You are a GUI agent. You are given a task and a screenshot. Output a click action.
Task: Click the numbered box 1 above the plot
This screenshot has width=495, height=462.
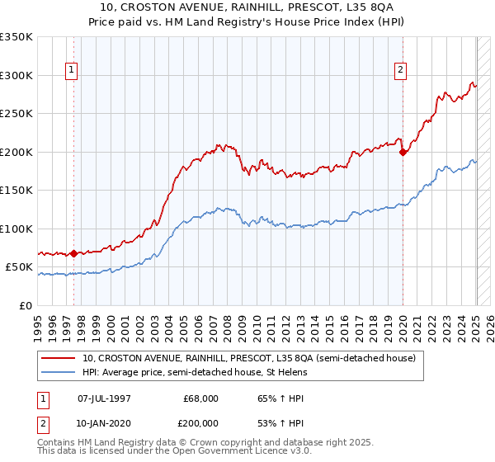pos(72,71)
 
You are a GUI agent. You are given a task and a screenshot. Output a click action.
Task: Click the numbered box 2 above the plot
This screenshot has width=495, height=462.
pos(400,71)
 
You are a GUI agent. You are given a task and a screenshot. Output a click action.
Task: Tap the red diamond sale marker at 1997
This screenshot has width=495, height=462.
pos(73,253)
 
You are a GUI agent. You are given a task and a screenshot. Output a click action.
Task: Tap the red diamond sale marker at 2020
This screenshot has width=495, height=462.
pos(403,152)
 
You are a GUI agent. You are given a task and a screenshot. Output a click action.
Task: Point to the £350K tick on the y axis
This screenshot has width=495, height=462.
pos(16,37)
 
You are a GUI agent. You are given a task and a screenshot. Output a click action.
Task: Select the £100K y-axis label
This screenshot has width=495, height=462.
pos(16,229)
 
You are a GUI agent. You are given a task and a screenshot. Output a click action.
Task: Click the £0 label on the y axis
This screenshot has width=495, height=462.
pos(26,305)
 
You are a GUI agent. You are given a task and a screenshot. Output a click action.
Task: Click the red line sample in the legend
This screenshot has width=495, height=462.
pos(59,358)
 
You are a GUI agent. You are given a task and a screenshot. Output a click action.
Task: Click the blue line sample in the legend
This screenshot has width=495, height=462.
pos(59,372)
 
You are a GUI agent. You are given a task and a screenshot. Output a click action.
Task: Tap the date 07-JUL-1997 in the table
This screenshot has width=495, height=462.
pos(105,398)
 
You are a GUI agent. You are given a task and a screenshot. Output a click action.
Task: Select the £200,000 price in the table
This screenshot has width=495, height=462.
pos(201,421)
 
